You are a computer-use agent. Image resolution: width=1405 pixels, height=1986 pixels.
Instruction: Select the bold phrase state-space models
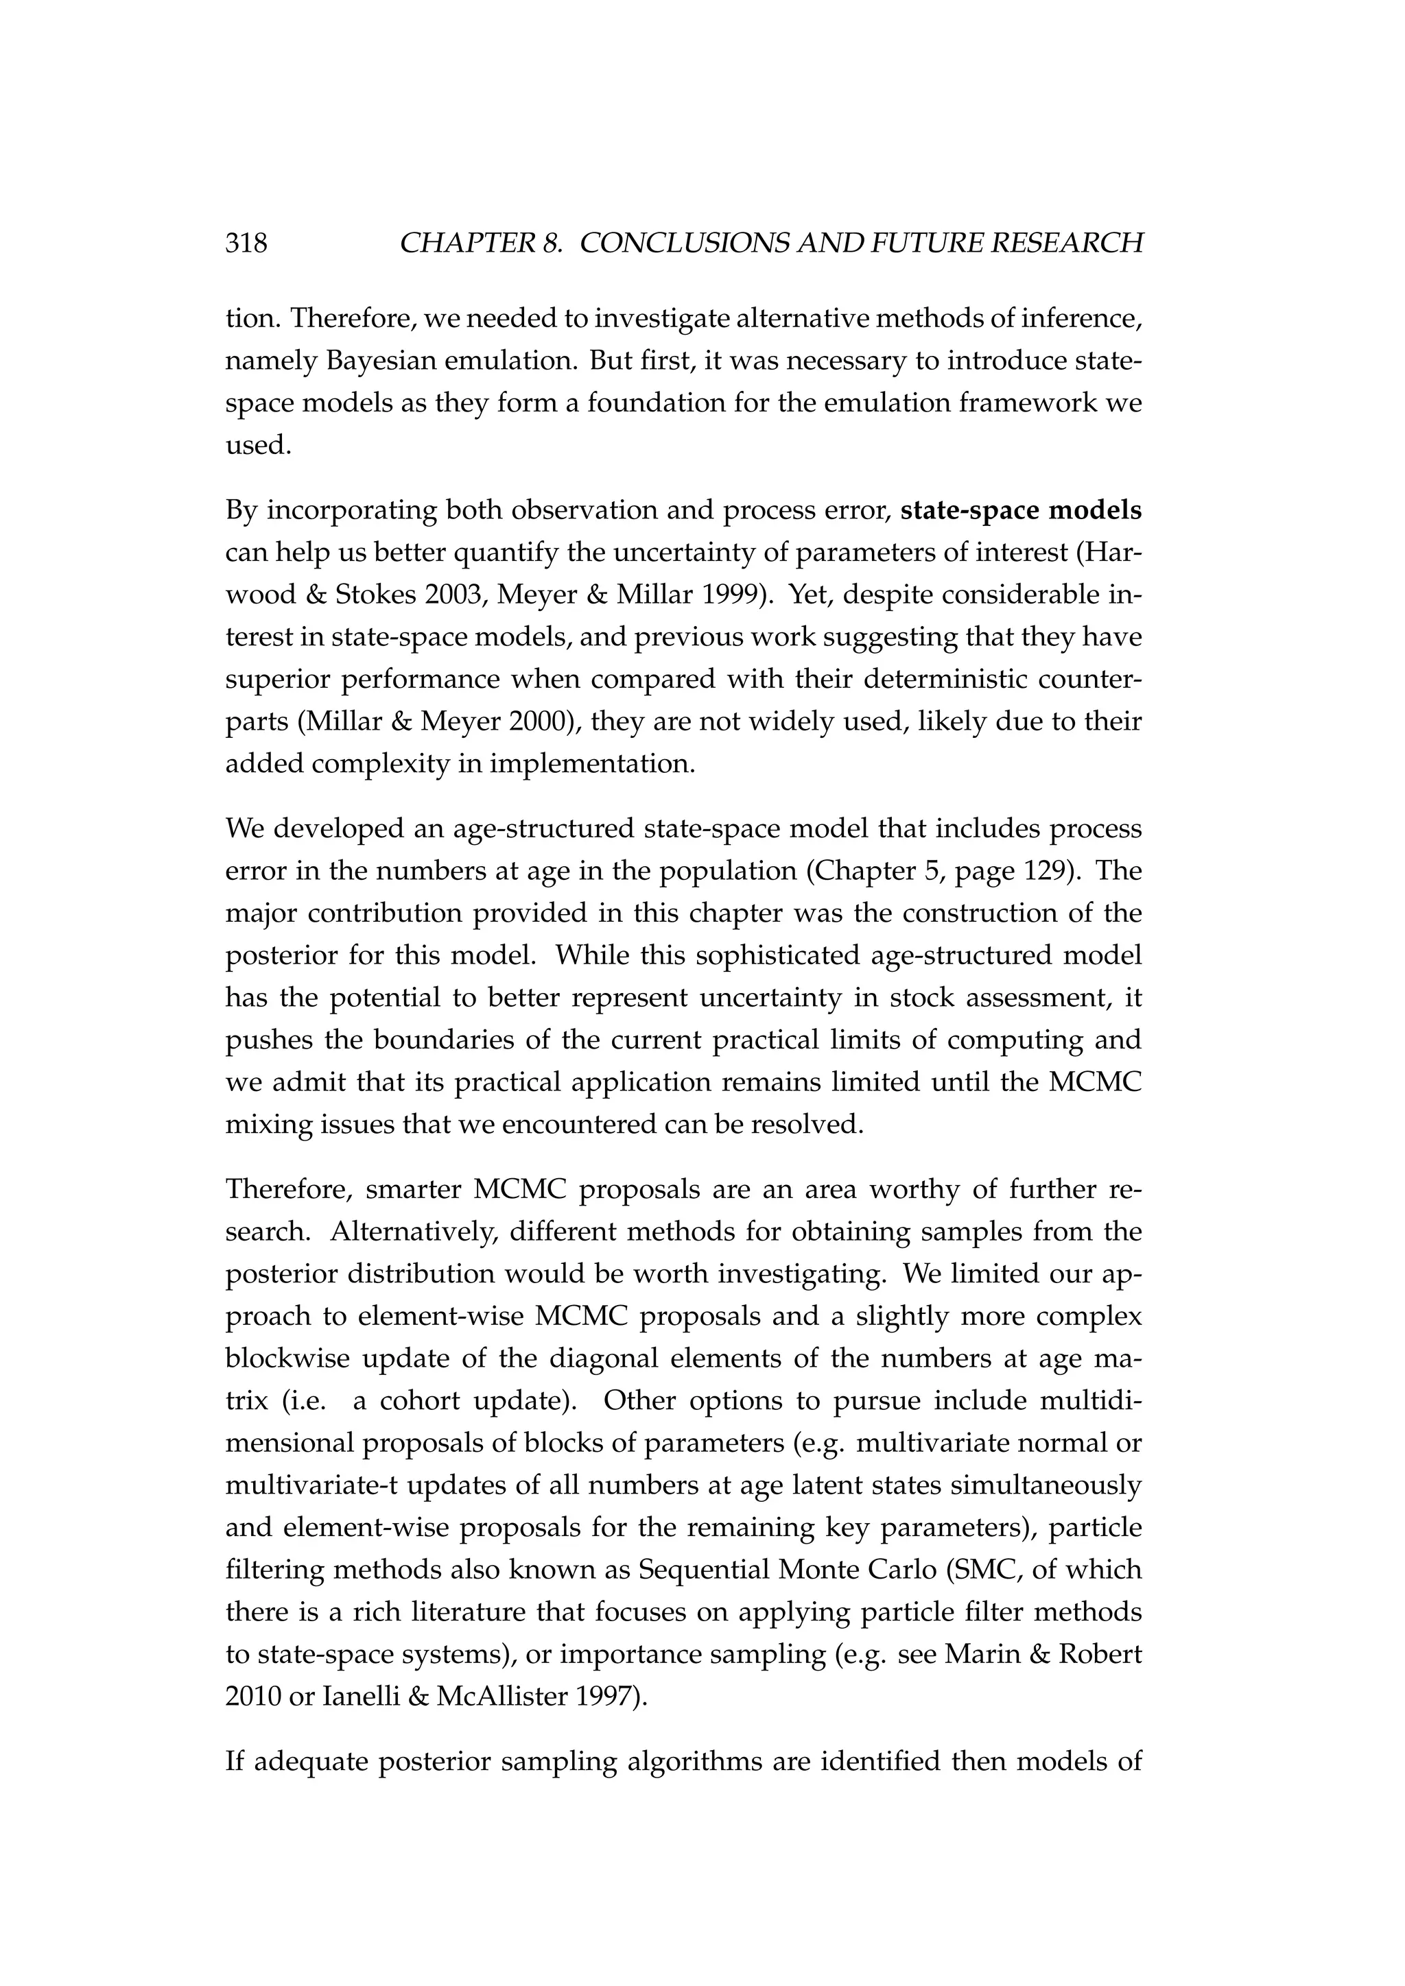click(x=1021, y=510)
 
